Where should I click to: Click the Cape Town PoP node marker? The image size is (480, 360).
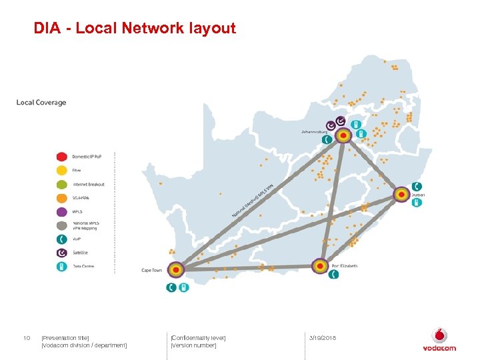coord(175,270)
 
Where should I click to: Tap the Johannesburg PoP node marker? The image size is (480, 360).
coord(343,136)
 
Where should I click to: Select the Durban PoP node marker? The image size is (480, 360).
coord(401,195)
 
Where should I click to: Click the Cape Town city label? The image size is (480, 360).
coord(151,270)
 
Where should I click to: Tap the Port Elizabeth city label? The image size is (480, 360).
coord(345,266)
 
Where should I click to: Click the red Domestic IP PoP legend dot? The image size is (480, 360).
coord(61,157)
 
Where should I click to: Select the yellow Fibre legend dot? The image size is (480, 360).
coord(61,170)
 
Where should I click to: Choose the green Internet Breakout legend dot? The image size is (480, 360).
coord(61,184)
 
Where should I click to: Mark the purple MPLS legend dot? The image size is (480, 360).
coord(61,211)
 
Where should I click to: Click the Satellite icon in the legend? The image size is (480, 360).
coord(61,253)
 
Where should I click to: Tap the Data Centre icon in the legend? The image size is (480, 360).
coord(61,266)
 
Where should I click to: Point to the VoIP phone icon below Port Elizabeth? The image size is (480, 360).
coord(334,273)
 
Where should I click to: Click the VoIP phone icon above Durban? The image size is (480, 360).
coord(416,186)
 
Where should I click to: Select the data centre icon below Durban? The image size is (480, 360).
coord(416,202)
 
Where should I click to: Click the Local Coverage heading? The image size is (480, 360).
coord(41,103)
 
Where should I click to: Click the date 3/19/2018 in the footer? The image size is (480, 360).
coord(323,339)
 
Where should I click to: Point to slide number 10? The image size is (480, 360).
coord(27,339)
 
